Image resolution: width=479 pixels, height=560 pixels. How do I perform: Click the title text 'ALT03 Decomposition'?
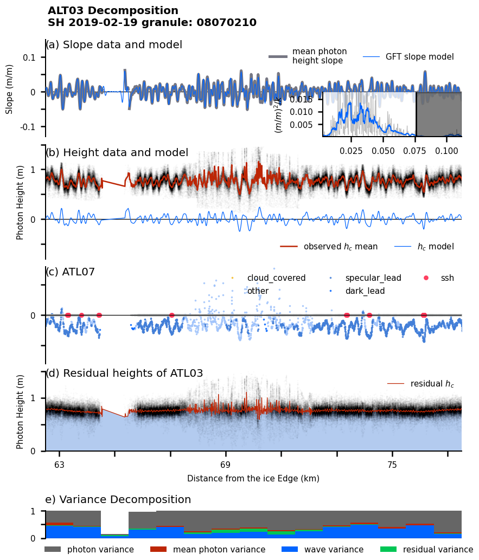pyautogui.click(x=113, y=11)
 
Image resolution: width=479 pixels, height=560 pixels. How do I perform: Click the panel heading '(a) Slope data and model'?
pyautogui.click(x=114, y=45)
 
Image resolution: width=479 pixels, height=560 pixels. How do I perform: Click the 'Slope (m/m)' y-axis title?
pyautogui.click(x=9, y=89)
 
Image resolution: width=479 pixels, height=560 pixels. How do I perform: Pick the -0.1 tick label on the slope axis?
pyautogui.click(x=28, y=127)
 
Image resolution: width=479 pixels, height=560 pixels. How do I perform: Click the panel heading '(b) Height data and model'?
pyautogui.click(x=117, y=153)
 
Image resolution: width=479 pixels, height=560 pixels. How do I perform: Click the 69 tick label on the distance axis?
pyautogui.click(x=226, y=465)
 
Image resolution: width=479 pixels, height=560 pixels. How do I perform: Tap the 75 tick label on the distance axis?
pyautogui.click(x=392, y=465)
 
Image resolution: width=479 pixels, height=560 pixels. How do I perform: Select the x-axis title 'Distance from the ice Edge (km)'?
pyautogui.click(x=253, y=479)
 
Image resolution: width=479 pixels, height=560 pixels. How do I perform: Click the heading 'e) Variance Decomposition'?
pyautogui.click(x=118, y=500)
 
